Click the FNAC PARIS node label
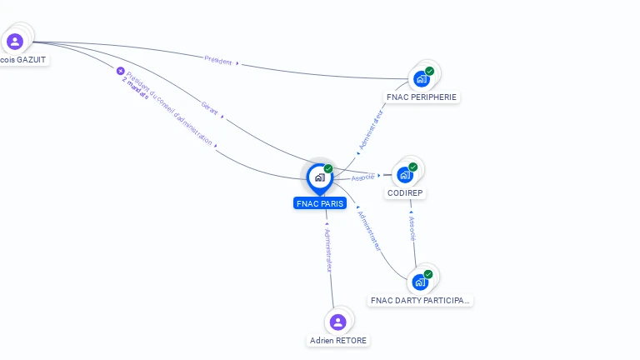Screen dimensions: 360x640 (x=320, y=203)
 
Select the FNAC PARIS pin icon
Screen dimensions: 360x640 (x=319, y=177)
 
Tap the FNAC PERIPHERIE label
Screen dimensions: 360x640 (x=422, y=97)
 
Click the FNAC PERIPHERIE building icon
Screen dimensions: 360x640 (x=421, y=79)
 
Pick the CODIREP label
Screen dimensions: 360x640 (x=406, y=193)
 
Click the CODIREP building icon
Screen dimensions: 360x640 (x=405, y=175)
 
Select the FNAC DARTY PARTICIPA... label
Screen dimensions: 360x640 (x=420, y=300)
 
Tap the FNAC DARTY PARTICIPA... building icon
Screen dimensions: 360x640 (x=419, y=282)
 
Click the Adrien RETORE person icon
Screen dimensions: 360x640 (x=337, y=322)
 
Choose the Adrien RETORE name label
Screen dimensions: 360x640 (x=338, y=341)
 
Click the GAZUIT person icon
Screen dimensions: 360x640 (x=14, y=42)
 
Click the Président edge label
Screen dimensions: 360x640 (x=218, y=60)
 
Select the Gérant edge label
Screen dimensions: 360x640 (x=209, y=108)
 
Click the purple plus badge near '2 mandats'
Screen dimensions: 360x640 (x=120, y=71)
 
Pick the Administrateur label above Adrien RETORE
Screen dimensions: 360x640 (x=328, y=249)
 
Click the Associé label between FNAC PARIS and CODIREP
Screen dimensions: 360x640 (x=362, y=177)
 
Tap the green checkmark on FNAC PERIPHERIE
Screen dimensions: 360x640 (x=429, y=71)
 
